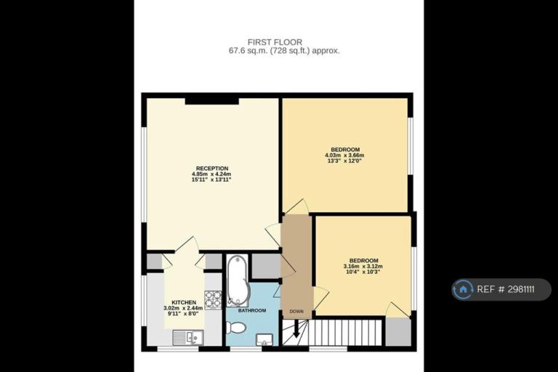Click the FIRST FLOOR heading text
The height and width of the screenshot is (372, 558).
click(275, 42)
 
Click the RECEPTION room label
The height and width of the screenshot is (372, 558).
click(212, 169)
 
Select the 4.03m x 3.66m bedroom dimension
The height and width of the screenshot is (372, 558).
click(344, 155)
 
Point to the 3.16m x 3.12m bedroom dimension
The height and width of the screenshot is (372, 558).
click(363, 266)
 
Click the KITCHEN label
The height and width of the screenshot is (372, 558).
click(184, 302)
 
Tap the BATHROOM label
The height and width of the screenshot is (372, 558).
click(252, 310)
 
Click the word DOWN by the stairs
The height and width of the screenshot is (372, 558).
click(296, 312)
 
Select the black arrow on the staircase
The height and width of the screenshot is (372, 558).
click(296, 329)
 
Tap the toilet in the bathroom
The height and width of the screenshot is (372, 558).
click(235, 327)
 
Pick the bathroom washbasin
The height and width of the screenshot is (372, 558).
click(264, 339)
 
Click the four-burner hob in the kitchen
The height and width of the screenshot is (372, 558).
click(213, 300)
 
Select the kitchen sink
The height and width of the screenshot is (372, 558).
click(188, 337)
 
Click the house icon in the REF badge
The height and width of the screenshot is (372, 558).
click(463, 289)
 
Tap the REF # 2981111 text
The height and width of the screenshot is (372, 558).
click(506, 289)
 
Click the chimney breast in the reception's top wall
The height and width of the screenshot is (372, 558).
click(211, 101)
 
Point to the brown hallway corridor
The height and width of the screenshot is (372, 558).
click(296, 266)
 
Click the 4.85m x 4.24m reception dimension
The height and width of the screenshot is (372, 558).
click(211, 174)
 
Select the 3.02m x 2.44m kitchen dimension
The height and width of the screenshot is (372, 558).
click(183, 308)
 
